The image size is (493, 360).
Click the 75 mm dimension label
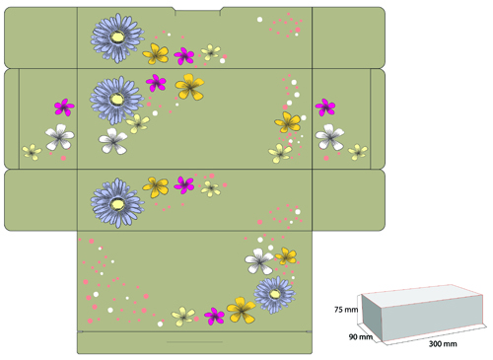click(346, 310)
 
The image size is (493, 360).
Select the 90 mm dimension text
click(361, 337)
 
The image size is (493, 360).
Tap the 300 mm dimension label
click(443, 344)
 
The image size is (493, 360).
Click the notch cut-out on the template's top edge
click(197, 12)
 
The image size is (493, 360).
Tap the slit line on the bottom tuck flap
click(195, 342)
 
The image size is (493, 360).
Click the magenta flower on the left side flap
click(64, 108)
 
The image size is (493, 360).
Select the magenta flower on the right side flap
click(325, 108)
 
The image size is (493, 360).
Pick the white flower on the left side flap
click(60, 137)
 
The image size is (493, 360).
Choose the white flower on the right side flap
click(329, 137)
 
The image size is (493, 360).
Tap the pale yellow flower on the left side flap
click(32, 152)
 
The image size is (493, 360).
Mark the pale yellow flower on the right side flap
click(358, 152)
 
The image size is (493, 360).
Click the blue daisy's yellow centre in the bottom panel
click(274, 294)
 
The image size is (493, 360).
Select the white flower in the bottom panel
click(259, 261)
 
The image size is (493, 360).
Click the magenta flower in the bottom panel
click(214, 317)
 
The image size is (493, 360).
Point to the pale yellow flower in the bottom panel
click(183, 317)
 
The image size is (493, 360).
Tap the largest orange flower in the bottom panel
click(242, 310)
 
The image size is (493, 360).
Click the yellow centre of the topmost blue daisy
click(117, 37)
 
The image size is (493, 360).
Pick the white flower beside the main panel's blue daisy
click(112, 141)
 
